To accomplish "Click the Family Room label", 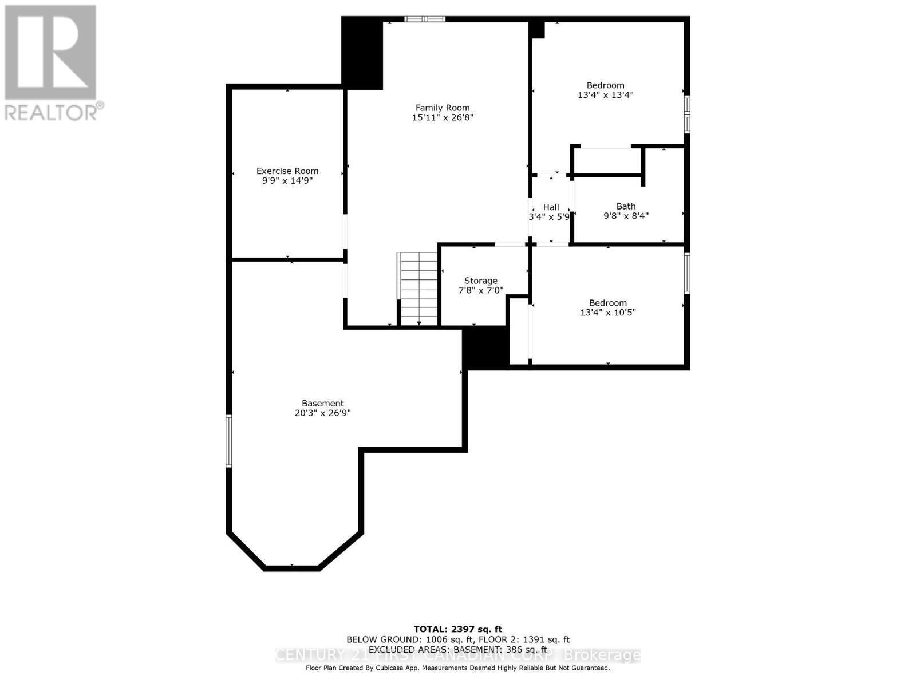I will [442, 108].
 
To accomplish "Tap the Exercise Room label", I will [287, 171].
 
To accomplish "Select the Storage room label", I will [480, 281].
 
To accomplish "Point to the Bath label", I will [626, 206].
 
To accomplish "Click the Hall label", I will [551, 207].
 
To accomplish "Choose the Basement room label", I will [322, 403].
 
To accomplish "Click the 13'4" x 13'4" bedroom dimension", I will [605, 95].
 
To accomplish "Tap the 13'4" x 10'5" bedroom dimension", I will [607, 313].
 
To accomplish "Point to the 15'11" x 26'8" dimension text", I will [443, 117].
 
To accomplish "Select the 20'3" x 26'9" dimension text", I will [322, 413].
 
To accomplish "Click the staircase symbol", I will [418, 289].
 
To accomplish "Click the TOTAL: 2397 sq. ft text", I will [457, 629].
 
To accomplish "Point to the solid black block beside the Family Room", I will [362, 53].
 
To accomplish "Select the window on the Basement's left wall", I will [228, 441].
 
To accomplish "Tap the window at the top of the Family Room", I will [425, 19].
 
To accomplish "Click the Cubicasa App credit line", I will [457, 668].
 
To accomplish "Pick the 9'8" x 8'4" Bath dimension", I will [626, 216].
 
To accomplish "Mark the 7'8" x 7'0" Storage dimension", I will [480, 290].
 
